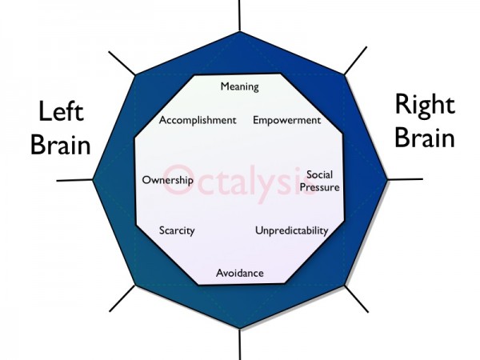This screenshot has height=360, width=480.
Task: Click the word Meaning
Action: tap(240, 86)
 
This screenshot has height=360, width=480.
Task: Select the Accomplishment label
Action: tap(198, 120)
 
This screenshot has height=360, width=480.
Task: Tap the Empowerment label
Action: tap(287, 120)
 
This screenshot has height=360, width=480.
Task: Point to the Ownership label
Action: tap(168, 180)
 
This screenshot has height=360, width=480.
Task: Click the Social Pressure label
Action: tap(319, 181)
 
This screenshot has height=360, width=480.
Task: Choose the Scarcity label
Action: tap(177, 230)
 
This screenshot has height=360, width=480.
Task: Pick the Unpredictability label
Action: tap(292, 230)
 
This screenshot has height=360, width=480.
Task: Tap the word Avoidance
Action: tap(240, 273)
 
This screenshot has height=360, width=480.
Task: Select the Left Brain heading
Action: tap(61, 128)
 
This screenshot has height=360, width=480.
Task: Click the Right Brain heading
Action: tap(425, 122)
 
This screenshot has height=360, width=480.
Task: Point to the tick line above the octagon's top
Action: tap(239, 15)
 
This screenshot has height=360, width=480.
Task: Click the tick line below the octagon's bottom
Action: tap(240, 344)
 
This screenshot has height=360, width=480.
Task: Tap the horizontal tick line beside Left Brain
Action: tap(74, 180)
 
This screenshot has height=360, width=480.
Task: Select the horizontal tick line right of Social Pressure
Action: tap(406, 179)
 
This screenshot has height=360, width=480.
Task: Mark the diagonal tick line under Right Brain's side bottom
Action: tap(357, 299)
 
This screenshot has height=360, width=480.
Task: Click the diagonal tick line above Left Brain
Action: tap(122, 63)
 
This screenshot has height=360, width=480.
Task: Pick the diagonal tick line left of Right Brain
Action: tap(355, 61)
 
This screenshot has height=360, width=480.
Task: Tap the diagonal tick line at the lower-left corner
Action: tap(122, 298)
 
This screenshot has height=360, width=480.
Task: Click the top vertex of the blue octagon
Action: tap(240, 31)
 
